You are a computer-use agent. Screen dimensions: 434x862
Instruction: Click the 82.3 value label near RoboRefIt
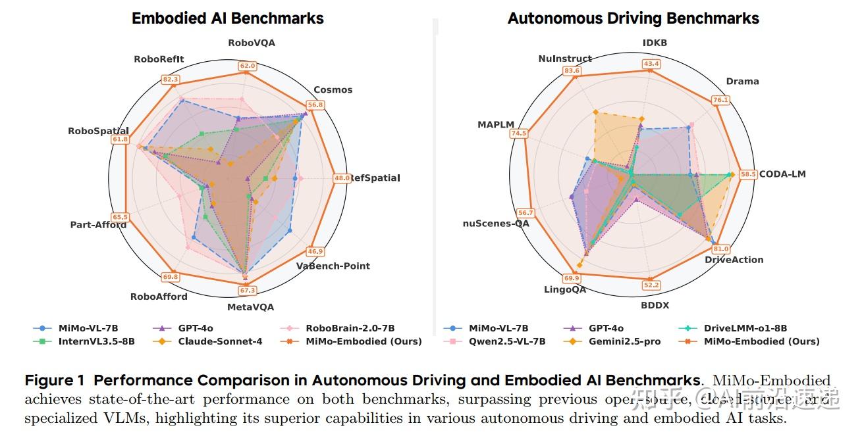(171, 80)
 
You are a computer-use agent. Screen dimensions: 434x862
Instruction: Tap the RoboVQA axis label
(252, 43)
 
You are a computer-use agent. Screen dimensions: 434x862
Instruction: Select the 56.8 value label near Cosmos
(315, 105)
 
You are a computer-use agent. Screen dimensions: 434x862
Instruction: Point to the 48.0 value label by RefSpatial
(342, 178)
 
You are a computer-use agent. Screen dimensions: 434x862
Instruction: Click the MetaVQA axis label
(250, 306)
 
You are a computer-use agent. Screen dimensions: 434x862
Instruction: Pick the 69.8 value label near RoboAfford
(171, 277)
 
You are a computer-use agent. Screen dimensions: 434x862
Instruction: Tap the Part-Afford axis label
(98, 225)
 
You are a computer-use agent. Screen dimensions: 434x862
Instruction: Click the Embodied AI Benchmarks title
(228, 18)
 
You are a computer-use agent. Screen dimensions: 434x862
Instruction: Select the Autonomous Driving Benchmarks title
(633, 18)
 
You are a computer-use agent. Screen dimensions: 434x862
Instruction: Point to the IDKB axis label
(655, 43)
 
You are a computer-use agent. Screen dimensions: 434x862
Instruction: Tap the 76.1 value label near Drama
(720, 100)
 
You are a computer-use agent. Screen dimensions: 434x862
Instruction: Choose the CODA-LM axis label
(782, 174)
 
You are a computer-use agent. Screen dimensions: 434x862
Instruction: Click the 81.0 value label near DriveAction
(721, 249)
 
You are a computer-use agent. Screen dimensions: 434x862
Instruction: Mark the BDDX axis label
(655, 305)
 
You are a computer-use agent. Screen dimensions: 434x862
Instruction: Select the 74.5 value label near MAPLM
(519, 133)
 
